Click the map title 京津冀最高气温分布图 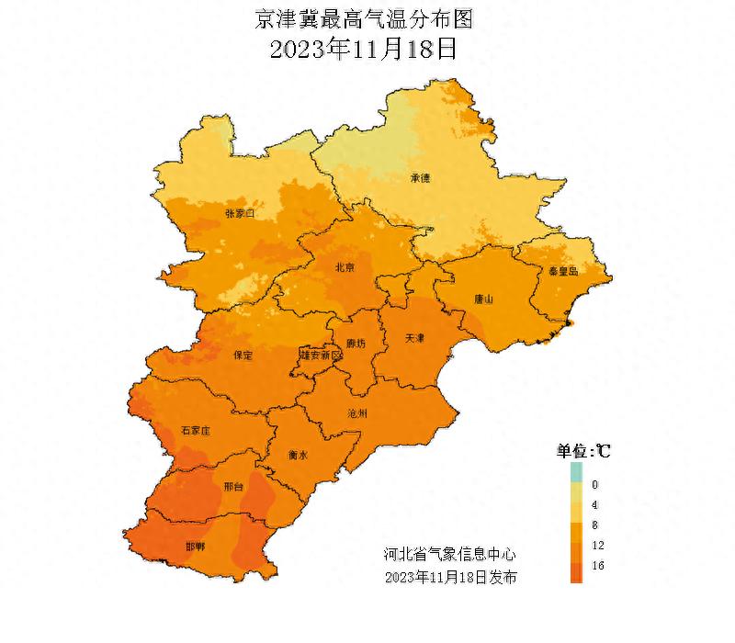(367, 18)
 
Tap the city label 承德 (420, 178)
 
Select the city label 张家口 (239, 214)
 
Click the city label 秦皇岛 (562, 271)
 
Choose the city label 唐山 (483, 299)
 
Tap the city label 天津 (415, 338)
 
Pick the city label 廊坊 (355, 344)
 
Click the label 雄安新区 (315, 354)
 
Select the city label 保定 (243, 355)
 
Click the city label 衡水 (298, 454)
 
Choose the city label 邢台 (233, 487)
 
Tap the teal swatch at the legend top (576, 472)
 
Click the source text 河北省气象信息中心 (449, 554)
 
